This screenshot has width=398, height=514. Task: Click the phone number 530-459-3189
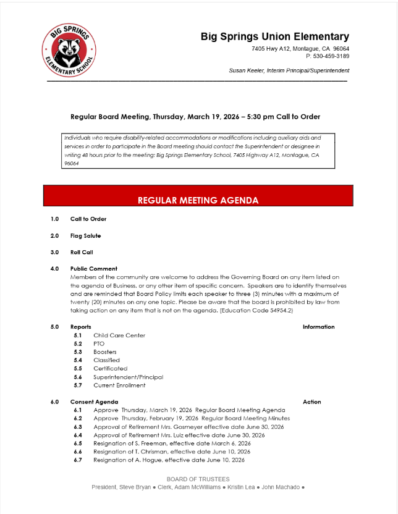(331, 56)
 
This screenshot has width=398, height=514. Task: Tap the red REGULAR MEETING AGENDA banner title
(198, 200)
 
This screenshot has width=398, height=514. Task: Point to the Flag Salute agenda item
(85, 235)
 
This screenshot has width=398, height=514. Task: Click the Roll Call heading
(82, 252)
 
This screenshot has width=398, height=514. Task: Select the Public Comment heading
(93, 269)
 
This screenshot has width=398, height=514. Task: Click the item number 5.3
(78, 352)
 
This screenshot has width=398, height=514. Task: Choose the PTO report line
(99, 343)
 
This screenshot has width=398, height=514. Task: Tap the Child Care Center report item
(119, 335)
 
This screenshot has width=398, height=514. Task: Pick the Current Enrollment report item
(119, 385)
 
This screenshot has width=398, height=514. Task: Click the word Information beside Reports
(318, 327)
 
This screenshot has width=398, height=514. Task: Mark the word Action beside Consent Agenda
(311, 402)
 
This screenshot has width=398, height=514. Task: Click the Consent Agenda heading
(94, 402)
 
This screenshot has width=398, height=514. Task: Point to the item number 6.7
(78, 460)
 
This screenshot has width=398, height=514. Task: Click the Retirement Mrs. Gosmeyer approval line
(188, 427)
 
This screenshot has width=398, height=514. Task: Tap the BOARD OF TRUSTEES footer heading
(198, 479)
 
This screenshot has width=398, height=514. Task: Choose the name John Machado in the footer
(281, 487)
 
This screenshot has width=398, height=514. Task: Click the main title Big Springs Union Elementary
(274, 36)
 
